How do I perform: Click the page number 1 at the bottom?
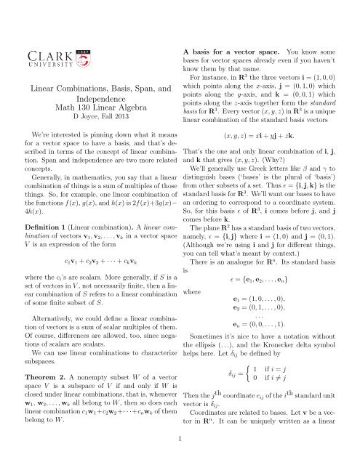tap(180, 438)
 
